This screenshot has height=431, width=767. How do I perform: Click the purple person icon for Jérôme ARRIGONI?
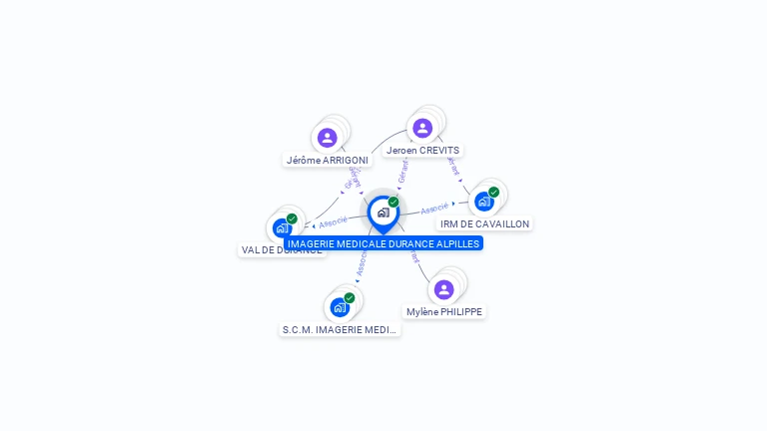[x=327, y=138]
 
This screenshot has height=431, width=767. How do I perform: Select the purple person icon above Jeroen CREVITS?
[x=422, y=128]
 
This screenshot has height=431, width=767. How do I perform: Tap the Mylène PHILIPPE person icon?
[x=444, y=289]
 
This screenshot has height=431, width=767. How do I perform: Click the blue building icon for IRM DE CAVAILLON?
[x=483, y=202]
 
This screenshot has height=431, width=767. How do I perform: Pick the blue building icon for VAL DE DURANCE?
[x=282, y=227]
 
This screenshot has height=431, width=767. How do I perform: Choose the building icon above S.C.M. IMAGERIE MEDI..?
[x=340, y=306]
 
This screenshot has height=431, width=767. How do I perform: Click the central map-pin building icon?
[x=383, y=213]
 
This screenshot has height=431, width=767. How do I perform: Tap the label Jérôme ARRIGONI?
[x=327, y=160]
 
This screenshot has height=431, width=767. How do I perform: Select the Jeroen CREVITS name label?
[x=422, y=150]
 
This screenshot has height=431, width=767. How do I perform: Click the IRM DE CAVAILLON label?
[x=485, y=223]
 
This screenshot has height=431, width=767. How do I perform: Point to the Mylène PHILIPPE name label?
[x=444, y=311]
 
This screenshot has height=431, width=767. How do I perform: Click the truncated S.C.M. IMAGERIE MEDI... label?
[x=340, y=329]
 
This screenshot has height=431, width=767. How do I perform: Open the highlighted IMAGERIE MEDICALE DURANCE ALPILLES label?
[x=383, y=243]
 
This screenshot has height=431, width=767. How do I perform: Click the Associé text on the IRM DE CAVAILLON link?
[x=434, y=210]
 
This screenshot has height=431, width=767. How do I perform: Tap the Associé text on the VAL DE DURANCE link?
[x=334, y=221]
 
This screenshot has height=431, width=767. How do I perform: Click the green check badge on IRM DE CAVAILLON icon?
[x=493, y=193]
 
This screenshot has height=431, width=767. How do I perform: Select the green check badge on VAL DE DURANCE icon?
[x=292, y=218]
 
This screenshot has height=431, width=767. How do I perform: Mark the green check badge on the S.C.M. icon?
[x=350, y=297]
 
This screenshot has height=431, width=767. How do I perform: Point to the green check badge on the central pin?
[x=393, y=203]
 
